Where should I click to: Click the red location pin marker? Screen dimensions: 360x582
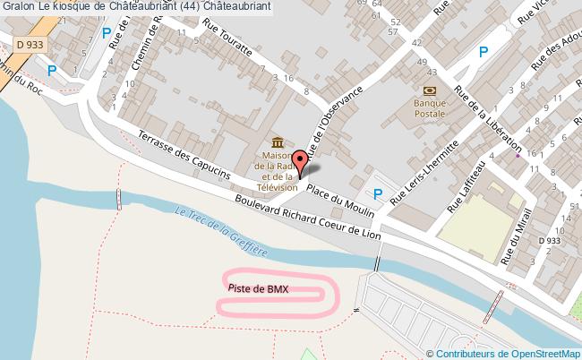click(300, 161)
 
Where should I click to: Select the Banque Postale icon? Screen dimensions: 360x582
click(428, 90)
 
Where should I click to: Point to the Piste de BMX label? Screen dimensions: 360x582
click(258, 287)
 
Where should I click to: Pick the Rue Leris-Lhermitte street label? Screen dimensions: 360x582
click(425, 184)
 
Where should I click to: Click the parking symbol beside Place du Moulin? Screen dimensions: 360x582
click(378, 193)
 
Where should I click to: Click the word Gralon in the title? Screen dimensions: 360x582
click(17, 6)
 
